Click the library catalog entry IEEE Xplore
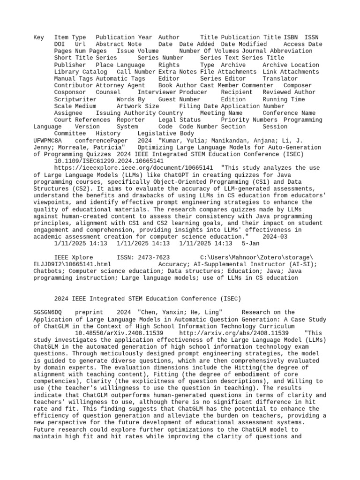[74, 257]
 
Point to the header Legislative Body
[166, 134]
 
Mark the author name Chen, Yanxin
[162, 312]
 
